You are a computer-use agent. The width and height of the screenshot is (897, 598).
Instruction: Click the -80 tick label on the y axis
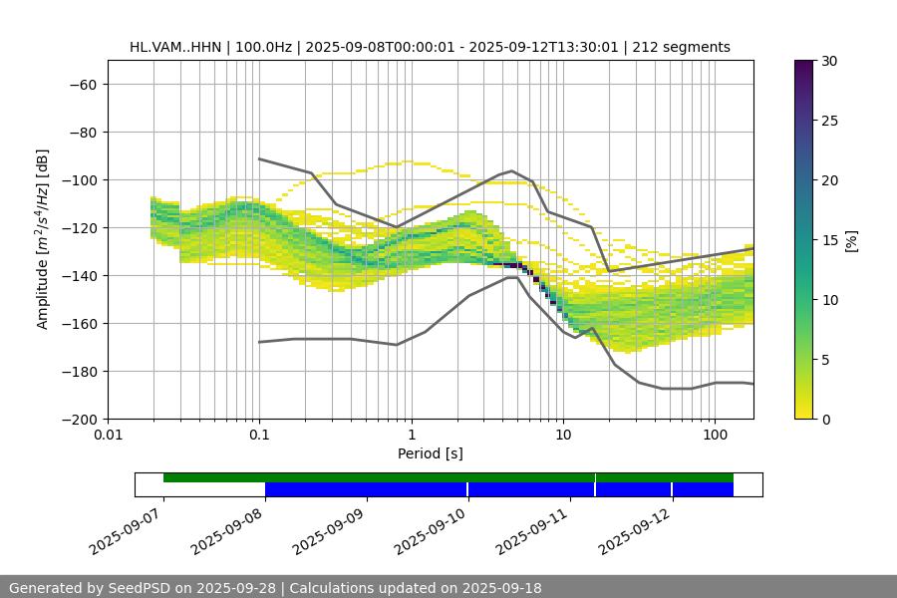(x=81, y=132)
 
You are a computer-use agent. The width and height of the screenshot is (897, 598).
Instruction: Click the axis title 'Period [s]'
(x=431, y=453)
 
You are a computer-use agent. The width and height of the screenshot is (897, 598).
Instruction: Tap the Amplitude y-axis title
(x=43, y=239)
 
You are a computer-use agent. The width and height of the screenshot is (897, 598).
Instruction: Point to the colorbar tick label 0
(x=830, y=419)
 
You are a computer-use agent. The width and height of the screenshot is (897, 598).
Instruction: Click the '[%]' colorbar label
(x=851, y=239)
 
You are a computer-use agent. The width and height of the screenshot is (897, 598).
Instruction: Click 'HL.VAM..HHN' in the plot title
(x=176, y=47)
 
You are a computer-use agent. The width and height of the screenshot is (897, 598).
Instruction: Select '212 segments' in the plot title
(x=688, y=47)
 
